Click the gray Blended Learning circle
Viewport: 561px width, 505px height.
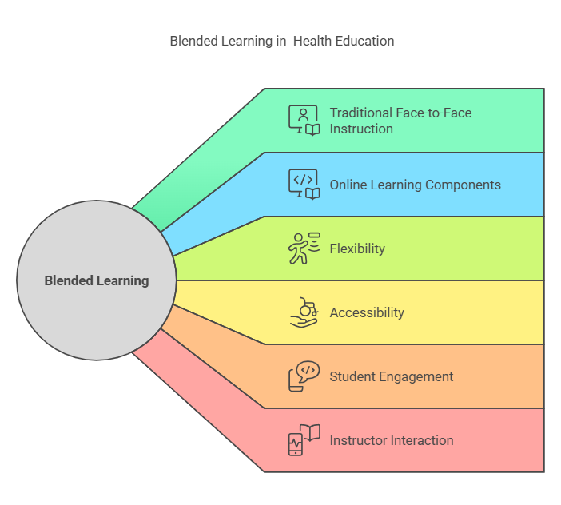pyautogui.click(x=97, y=280)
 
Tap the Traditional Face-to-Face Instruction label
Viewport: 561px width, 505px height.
pyautogui.click(x=400, y=121)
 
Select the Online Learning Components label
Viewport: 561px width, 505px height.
pyautogui.click(x=415, y=185)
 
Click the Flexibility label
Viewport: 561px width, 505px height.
pyautogui.click(x=357, y=249)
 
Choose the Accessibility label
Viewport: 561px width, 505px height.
pyautogui.click(x=367, y=312)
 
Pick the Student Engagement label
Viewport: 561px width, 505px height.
pyautogui.click(x=391, y=376)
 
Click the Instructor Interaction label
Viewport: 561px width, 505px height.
pyautogui.click(x=392, y=440)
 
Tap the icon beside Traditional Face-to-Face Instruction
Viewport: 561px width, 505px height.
pyautogui.click(x=304, y=121)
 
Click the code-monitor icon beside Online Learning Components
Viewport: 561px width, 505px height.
pyautogui.click(x=304, y=185)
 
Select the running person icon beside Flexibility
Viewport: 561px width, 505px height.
pyautogui.click(x=304, y=249)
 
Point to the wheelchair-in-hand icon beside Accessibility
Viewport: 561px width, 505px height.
pyautogui.click(x=304, y=312)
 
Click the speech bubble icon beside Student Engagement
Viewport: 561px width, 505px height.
pyautogui.click(x=304, y=376)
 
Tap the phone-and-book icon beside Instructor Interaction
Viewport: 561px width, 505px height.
pyautogui.click(x=304, y=440)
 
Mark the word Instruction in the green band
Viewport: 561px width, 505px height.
pyautogui.click(x=361, y=129)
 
